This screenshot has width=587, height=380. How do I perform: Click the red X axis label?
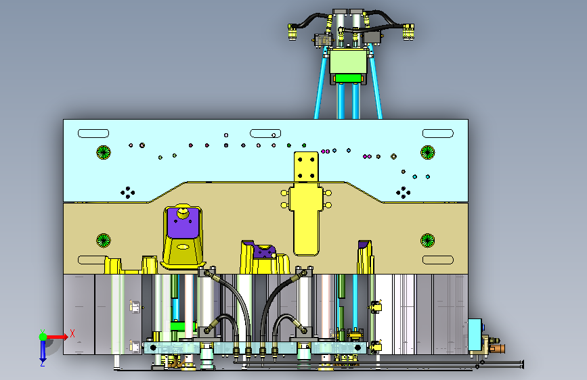click(x=72, y=333)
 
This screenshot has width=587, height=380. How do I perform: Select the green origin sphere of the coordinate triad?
click(x=43, y=337)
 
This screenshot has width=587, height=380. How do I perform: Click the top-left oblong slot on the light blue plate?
click(x=93, y=133)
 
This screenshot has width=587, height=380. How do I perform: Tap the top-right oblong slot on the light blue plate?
click(x=438, y=133)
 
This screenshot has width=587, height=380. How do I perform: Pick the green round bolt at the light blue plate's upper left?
click(x=104, y=152)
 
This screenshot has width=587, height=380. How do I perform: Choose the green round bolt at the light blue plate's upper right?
click(x=427, y=152)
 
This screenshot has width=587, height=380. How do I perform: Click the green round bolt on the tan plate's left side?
click(x=104, y=241)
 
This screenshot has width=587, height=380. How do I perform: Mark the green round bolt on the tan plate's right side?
click(x=427, y=241)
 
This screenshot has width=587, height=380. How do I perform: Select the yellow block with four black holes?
click(x=306, y=167)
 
